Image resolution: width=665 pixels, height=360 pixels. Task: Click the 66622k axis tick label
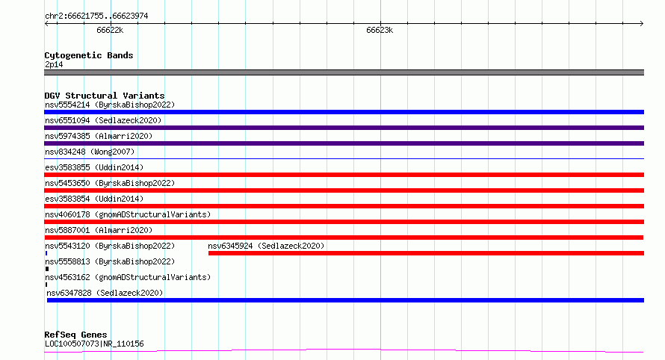[x=110, y=30]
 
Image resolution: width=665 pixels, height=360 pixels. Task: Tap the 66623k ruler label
[x=380, y=30]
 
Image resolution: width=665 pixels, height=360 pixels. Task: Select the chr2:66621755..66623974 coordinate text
[x=96, y=16]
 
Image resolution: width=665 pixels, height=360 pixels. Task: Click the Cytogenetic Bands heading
[x=89, y=55]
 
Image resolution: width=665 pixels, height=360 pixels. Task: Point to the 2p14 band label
[x=54, y=64]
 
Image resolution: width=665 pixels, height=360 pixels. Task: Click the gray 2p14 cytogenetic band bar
[x=344, y=72]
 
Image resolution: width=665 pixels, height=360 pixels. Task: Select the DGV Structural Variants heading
[x=105, y=96]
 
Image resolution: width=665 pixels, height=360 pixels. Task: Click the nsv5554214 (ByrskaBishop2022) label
[x=110, y=105]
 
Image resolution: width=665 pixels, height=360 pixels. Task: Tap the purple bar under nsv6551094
[x=344, y=128]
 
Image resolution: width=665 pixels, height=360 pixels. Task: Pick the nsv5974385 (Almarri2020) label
[x=99, y=136]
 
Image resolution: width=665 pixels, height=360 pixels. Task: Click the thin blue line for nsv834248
[x=344, y=158]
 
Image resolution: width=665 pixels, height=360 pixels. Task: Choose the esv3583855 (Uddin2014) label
[x=94, y=167]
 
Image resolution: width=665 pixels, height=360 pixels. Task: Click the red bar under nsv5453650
[x=344, y=190]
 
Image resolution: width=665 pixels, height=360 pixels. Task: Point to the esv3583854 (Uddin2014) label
[x=94, y=199]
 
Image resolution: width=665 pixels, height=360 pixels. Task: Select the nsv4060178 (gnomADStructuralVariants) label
[x=128, y=214]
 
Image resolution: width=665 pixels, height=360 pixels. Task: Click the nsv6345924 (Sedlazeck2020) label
[x=266, y=246]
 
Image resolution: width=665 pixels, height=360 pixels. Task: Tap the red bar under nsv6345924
[x=426, y=253]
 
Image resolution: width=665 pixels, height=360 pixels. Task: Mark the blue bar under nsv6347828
[x=345, y=300]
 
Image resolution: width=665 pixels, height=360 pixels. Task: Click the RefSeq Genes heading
[x=75, y=335]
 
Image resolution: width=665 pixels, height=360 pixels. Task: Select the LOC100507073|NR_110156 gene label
[x=94, y=344]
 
